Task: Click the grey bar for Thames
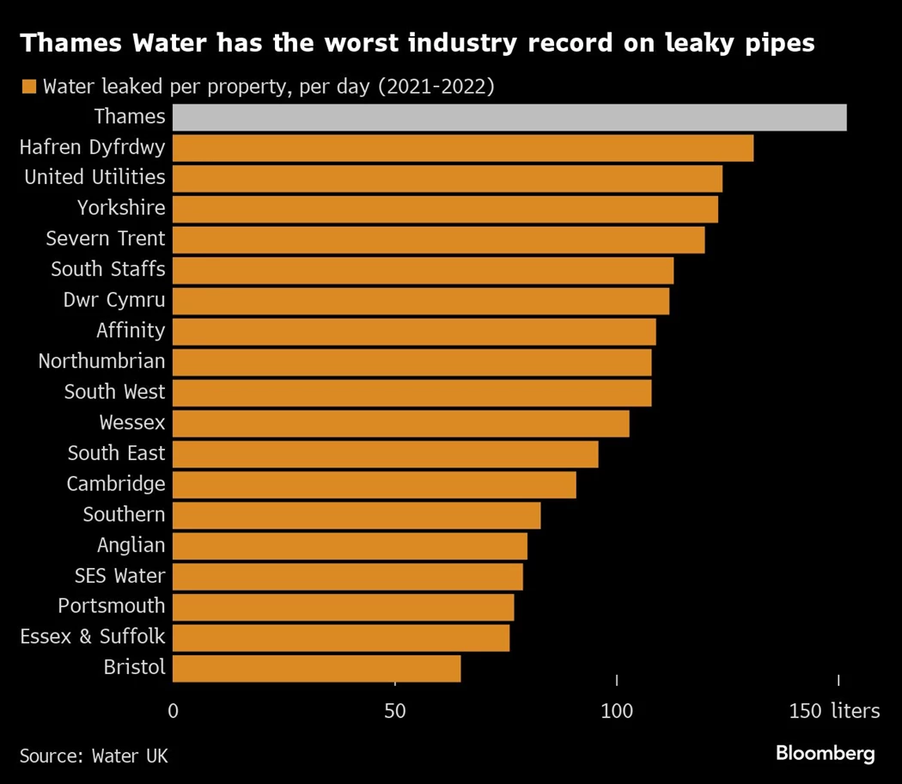tap(509, 117)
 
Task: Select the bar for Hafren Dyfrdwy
tap(463, 148)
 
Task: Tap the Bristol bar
tap(316, 668)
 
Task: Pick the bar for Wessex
tap(400, 424)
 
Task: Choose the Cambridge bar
tap(374, 485)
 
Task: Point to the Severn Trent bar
tap(438, 240)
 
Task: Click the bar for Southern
tap(357, 516)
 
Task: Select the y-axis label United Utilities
tap(94, 177)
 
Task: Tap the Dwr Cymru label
tap(114, 300)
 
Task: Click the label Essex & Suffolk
tap(93, 637)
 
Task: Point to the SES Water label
tap(119, 575)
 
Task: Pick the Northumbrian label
tap(101, 361)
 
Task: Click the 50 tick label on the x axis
tap(394, 712)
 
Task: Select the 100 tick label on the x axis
tap(617, 712)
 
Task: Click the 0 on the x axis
tap(173, 712)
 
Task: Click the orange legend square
tap(28, 87)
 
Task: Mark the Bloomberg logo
tap(825, 754)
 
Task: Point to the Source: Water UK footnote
tap(94, 756)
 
